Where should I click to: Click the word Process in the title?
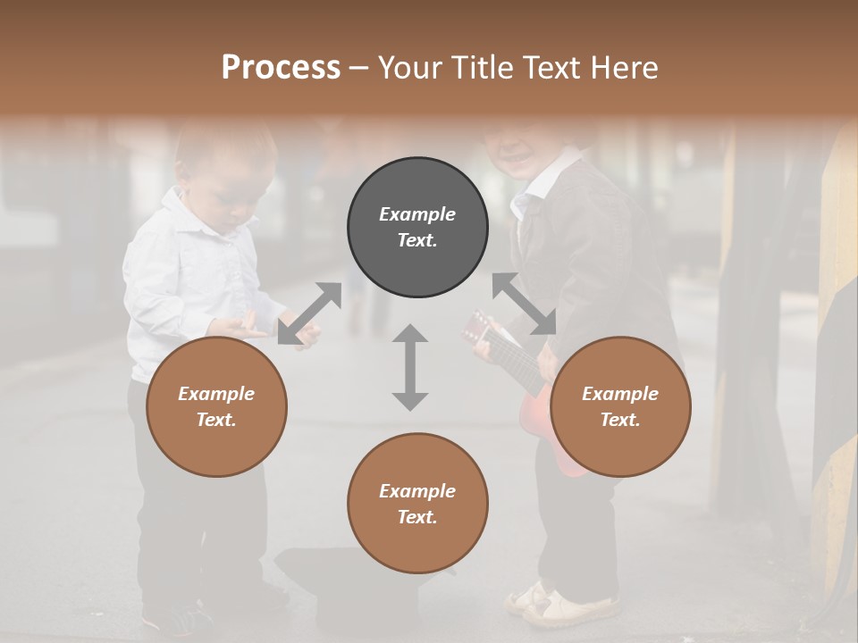281,68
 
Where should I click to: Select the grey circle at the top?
417,228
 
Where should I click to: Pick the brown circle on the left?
216,406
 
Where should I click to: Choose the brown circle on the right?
620,406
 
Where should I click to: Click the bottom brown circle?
417,504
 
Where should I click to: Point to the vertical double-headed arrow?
410,367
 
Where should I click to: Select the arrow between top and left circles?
309,313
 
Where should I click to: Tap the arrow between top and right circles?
525,304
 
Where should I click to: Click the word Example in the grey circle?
417,214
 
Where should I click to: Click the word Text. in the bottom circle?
417,517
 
